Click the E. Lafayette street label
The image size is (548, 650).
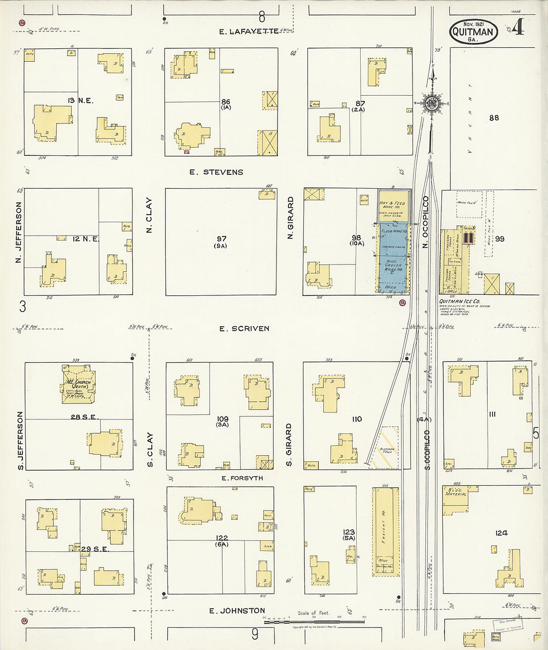pyautogui.click(x=249, y=32)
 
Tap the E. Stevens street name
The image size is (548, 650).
pyautogui.click(x=216, y=172)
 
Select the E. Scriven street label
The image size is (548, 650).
pyautogui.click(x=244, y=329)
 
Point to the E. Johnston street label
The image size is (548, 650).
pyautogui.click(x=237, y=611)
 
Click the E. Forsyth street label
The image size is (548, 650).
pyautogui.click(x=242, y=478)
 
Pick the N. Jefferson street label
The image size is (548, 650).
pyautogui.click(x=19, y=232)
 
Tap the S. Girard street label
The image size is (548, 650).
pyautogui.click(x=289, y=445)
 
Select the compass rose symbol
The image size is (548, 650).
pyautogui.click(x=431, y=103)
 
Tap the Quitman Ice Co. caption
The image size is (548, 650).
pyautogui.click(x=459, y=301)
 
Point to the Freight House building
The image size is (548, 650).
pyautogui.click(x=385, y=531)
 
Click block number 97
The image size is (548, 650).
pyautogui.click(x=221, y=239)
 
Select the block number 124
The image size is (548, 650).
pyautogui.click(x=501, y=533)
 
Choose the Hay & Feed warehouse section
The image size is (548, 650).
pyautogui.click(x=393, y=205)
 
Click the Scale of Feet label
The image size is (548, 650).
pyautogui.click(x=313, y=613)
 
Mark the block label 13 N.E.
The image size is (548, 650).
pyautogui.click(x=81, y=101)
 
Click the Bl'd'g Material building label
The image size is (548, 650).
pyautogui.click(x=456, y=492)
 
